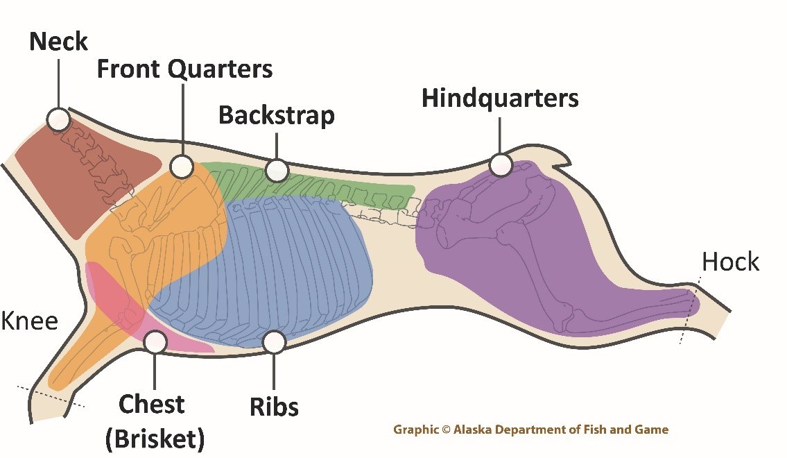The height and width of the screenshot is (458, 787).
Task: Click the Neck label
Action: pyautogui.click(x=58, y=42)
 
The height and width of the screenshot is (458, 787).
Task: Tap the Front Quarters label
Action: pyautogui.click(x=184, y=69)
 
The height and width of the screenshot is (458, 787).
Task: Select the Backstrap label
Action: pyautogui.click(x=276, y=115)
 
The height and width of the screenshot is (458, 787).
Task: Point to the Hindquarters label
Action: pyautogui.click(x=500, y=99)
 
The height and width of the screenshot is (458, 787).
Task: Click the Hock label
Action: pyautogui.click(x=730, y=262)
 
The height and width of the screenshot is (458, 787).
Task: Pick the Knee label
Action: pyautogui.click(x=29, y=321)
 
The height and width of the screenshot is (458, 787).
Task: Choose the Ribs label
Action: pyautogui.click(x=274, y=406)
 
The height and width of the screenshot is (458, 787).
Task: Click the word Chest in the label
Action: pyautogui.click(x=151, y=404)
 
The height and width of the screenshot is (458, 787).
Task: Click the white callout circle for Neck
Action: pyautogui.click(x=58, y=119)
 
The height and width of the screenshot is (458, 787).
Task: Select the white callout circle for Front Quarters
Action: pyautogui.click(x=182, y=166)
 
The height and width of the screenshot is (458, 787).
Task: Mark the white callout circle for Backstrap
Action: pyautogui.click(x=276, y=169)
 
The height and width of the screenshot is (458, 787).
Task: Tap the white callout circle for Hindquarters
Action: pyautogui.click(x=500, y=165)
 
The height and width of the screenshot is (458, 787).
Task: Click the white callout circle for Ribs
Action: pyautogui.click(x=275, y=341)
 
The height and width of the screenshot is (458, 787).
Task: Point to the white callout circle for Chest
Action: pyautogui.click(x=154, y=341)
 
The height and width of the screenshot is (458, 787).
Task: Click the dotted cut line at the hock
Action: pyautogui.click(x=690, y=309)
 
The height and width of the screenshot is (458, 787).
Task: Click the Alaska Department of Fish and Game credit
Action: pyautogui.click(x=530, y=430)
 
